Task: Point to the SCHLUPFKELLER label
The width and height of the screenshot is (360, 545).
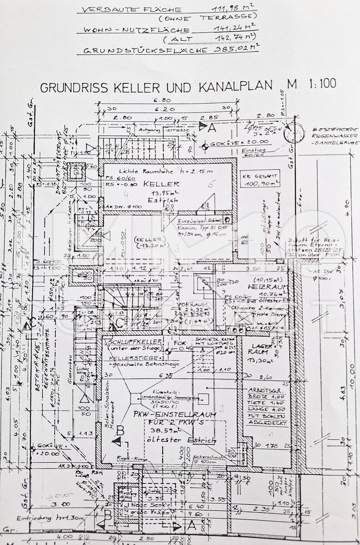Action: tap(127, 342)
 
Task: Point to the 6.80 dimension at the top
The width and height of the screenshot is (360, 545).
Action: tap(165, 100)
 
